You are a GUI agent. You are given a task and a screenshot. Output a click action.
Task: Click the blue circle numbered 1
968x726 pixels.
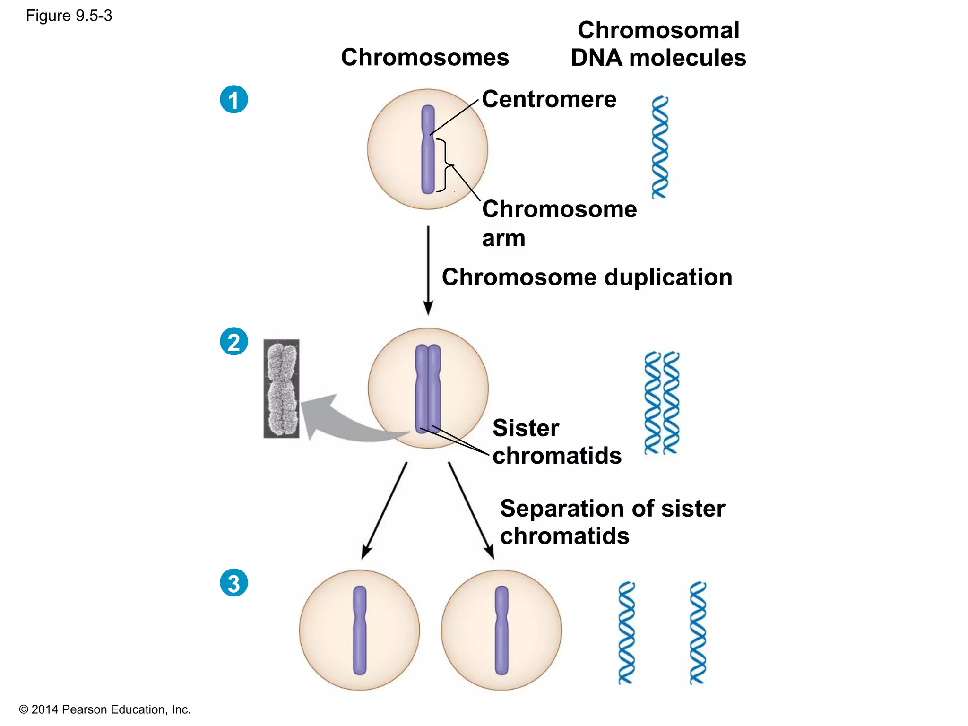coord(234,100)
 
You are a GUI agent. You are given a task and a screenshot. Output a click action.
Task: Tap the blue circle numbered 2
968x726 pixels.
coord(234,342)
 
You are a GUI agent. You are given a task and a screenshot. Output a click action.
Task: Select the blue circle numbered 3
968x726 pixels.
coord(234,583)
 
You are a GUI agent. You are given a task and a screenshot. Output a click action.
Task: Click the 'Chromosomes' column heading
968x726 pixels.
coord(425,57)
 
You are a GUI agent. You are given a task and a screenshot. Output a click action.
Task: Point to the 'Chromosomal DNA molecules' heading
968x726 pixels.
coord(658,44)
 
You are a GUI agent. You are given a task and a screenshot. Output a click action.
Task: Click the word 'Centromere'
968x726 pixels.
coord(549,99)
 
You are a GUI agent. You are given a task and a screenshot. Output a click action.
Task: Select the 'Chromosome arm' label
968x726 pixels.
coord(559,223)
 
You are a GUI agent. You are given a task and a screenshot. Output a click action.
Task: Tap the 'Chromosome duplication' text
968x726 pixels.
coord(587,277)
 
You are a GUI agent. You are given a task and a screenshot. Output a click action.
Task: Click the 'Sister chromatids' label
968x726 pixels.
coord(557,441)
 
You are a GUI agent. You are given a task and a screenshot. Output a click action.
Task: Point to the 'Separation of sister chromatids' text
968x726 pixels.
coord(612,522)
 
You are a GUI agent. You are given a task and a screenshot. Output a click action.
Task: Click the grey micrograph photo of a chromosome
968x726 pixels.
coord(281,389)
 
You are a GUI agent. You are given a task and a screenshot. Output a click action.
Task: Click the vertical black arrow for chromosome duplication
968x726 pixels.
coord(428,269)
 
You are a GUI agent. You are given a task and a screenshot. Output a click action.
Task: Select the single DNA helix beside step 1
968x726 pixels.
coord(660,147)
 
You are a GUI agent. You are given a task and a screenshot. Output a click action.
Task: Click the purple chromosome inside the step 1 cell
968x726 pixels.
coord(428,149)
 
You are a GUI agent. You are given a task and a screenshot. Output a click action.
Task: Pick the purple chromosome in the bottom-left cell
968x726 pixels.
coord(360,630)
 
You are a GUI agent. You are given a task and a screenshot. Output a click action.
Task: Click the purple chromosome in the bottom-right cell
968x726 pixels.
coord(501,630)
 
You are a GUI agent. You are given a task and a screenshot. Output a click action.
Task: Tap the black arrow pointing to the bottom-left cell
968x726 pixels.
coord(384,510)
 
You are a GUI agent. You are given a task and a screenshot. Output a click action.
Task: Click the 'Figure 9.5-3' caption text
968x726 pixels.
coord(69,16)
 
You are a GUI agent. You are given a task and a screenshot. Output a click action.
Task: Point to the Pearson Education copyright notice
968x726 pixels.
coord(105,709)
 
